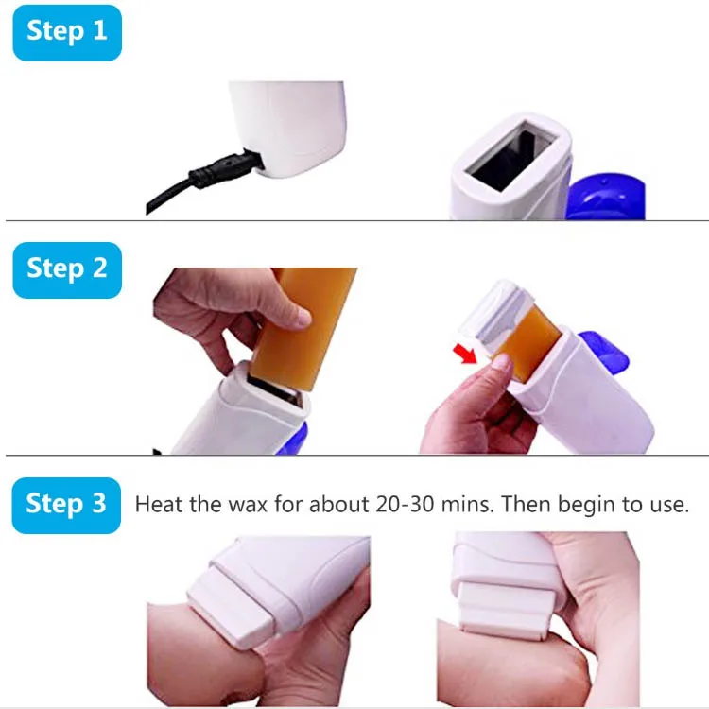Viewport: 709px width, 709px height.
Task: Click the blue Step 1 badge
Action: [67, 31]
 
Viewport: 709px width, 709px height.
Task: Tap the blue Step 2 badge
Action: [67, 268]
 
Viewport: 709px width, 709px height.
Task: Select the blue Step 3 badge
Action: [67, 504]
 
